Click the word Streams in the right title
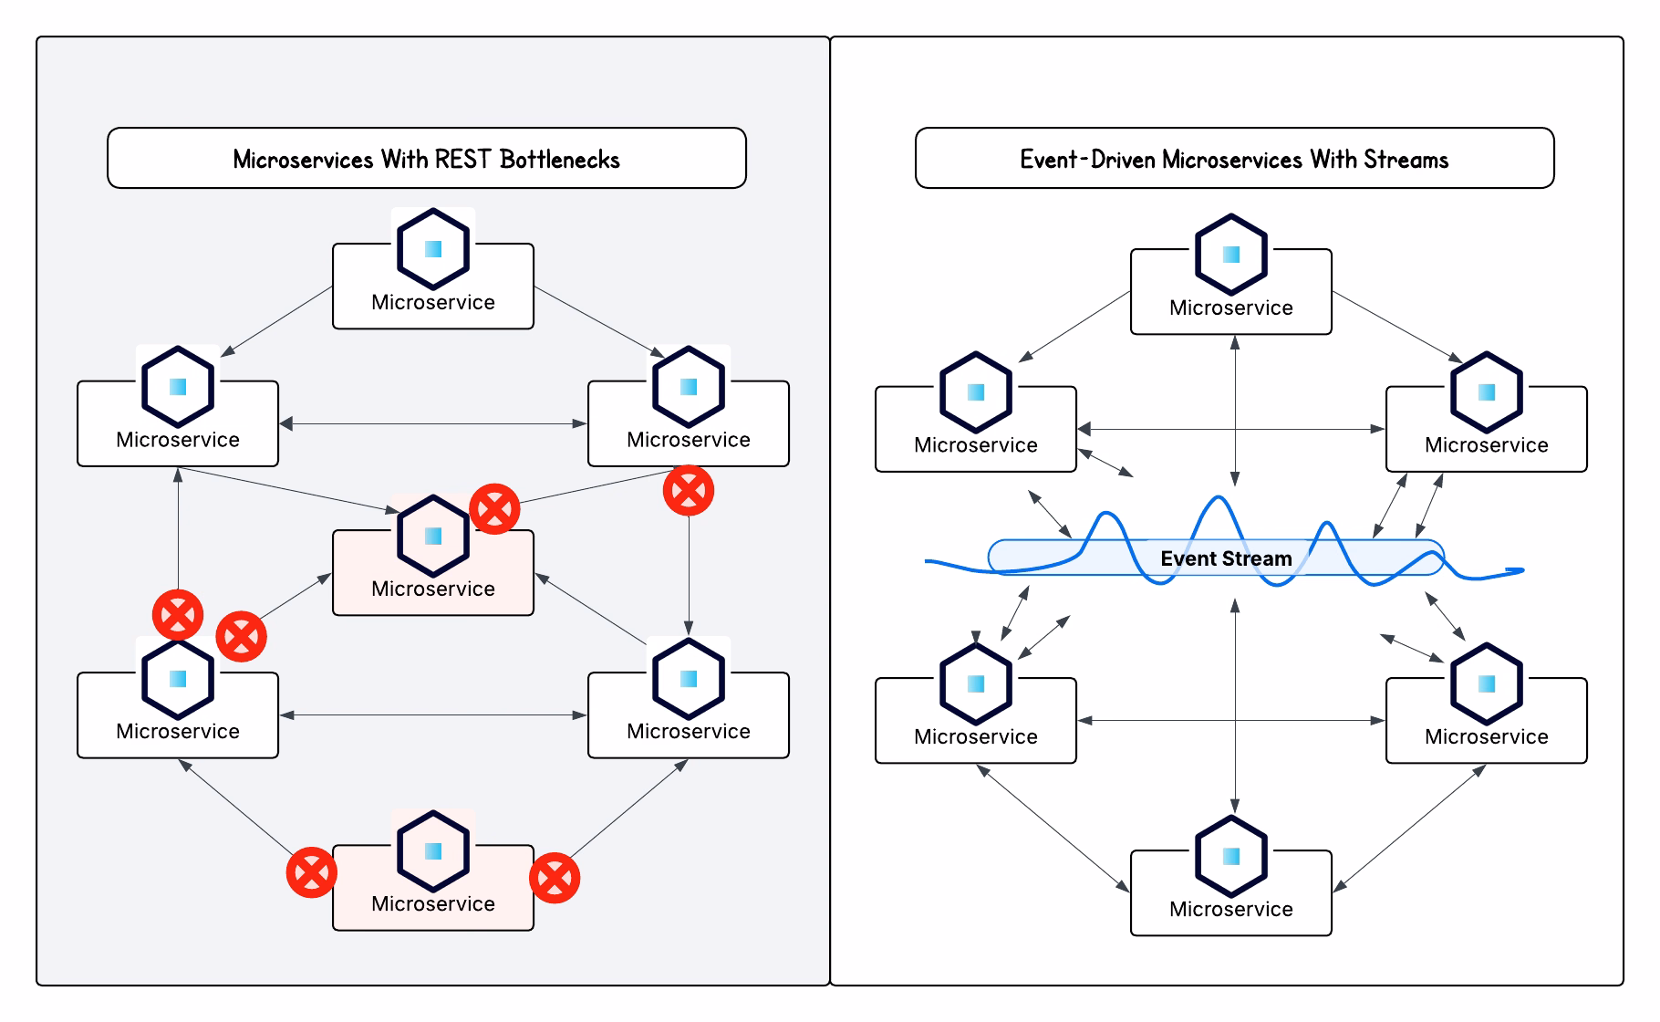point(1406,160)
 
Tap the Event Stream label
point(1226,558)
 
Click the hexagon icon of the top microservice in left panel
point(433,248)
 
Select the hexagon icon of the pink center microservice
point(433,536)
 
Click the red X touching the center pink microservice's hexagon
point(494,508)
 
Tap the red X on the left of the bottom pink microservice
point(311,873)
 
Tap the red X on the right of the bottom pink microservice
point(555,878)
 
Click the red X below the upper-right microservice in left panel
point(689,491)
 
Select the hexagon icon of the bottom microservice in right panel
point(1231,856)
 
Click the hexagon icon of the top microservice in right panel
point(1231,255)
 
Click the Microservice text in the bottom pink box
point(433,903)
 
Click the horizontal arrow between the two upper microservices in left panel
point(433,423)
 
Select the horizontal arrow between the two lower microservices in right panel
point(1231,721)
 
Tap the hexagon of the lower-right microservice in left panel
point(689,678)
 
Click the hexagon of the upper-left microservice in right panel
point(976,392)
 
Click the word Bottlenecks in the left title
point(559,160)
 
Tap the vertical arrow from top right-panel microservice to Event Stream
point(1235,411)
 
